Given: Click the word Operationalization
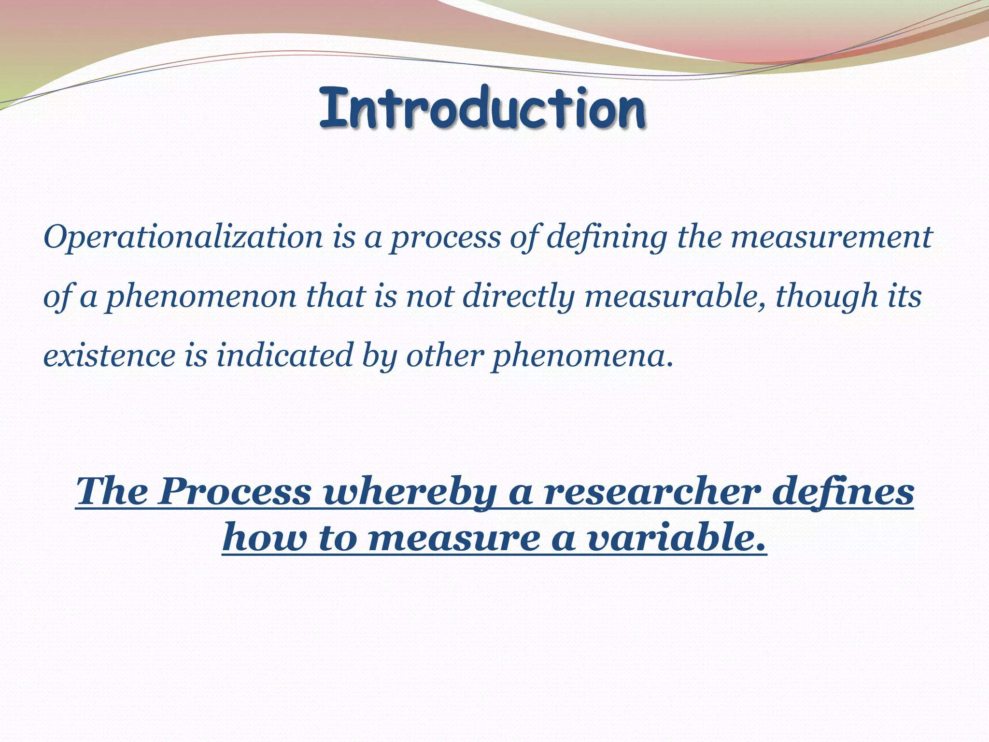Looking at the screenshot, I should (183, 237).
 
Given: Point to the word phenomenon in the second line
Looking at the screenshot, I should (201, 297).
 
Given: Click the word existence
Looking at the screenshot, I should (109, 356).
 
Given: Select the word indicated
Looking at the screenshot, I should (284, 356).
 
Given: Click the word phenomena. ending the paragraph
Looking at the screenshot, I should (582, 357).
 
